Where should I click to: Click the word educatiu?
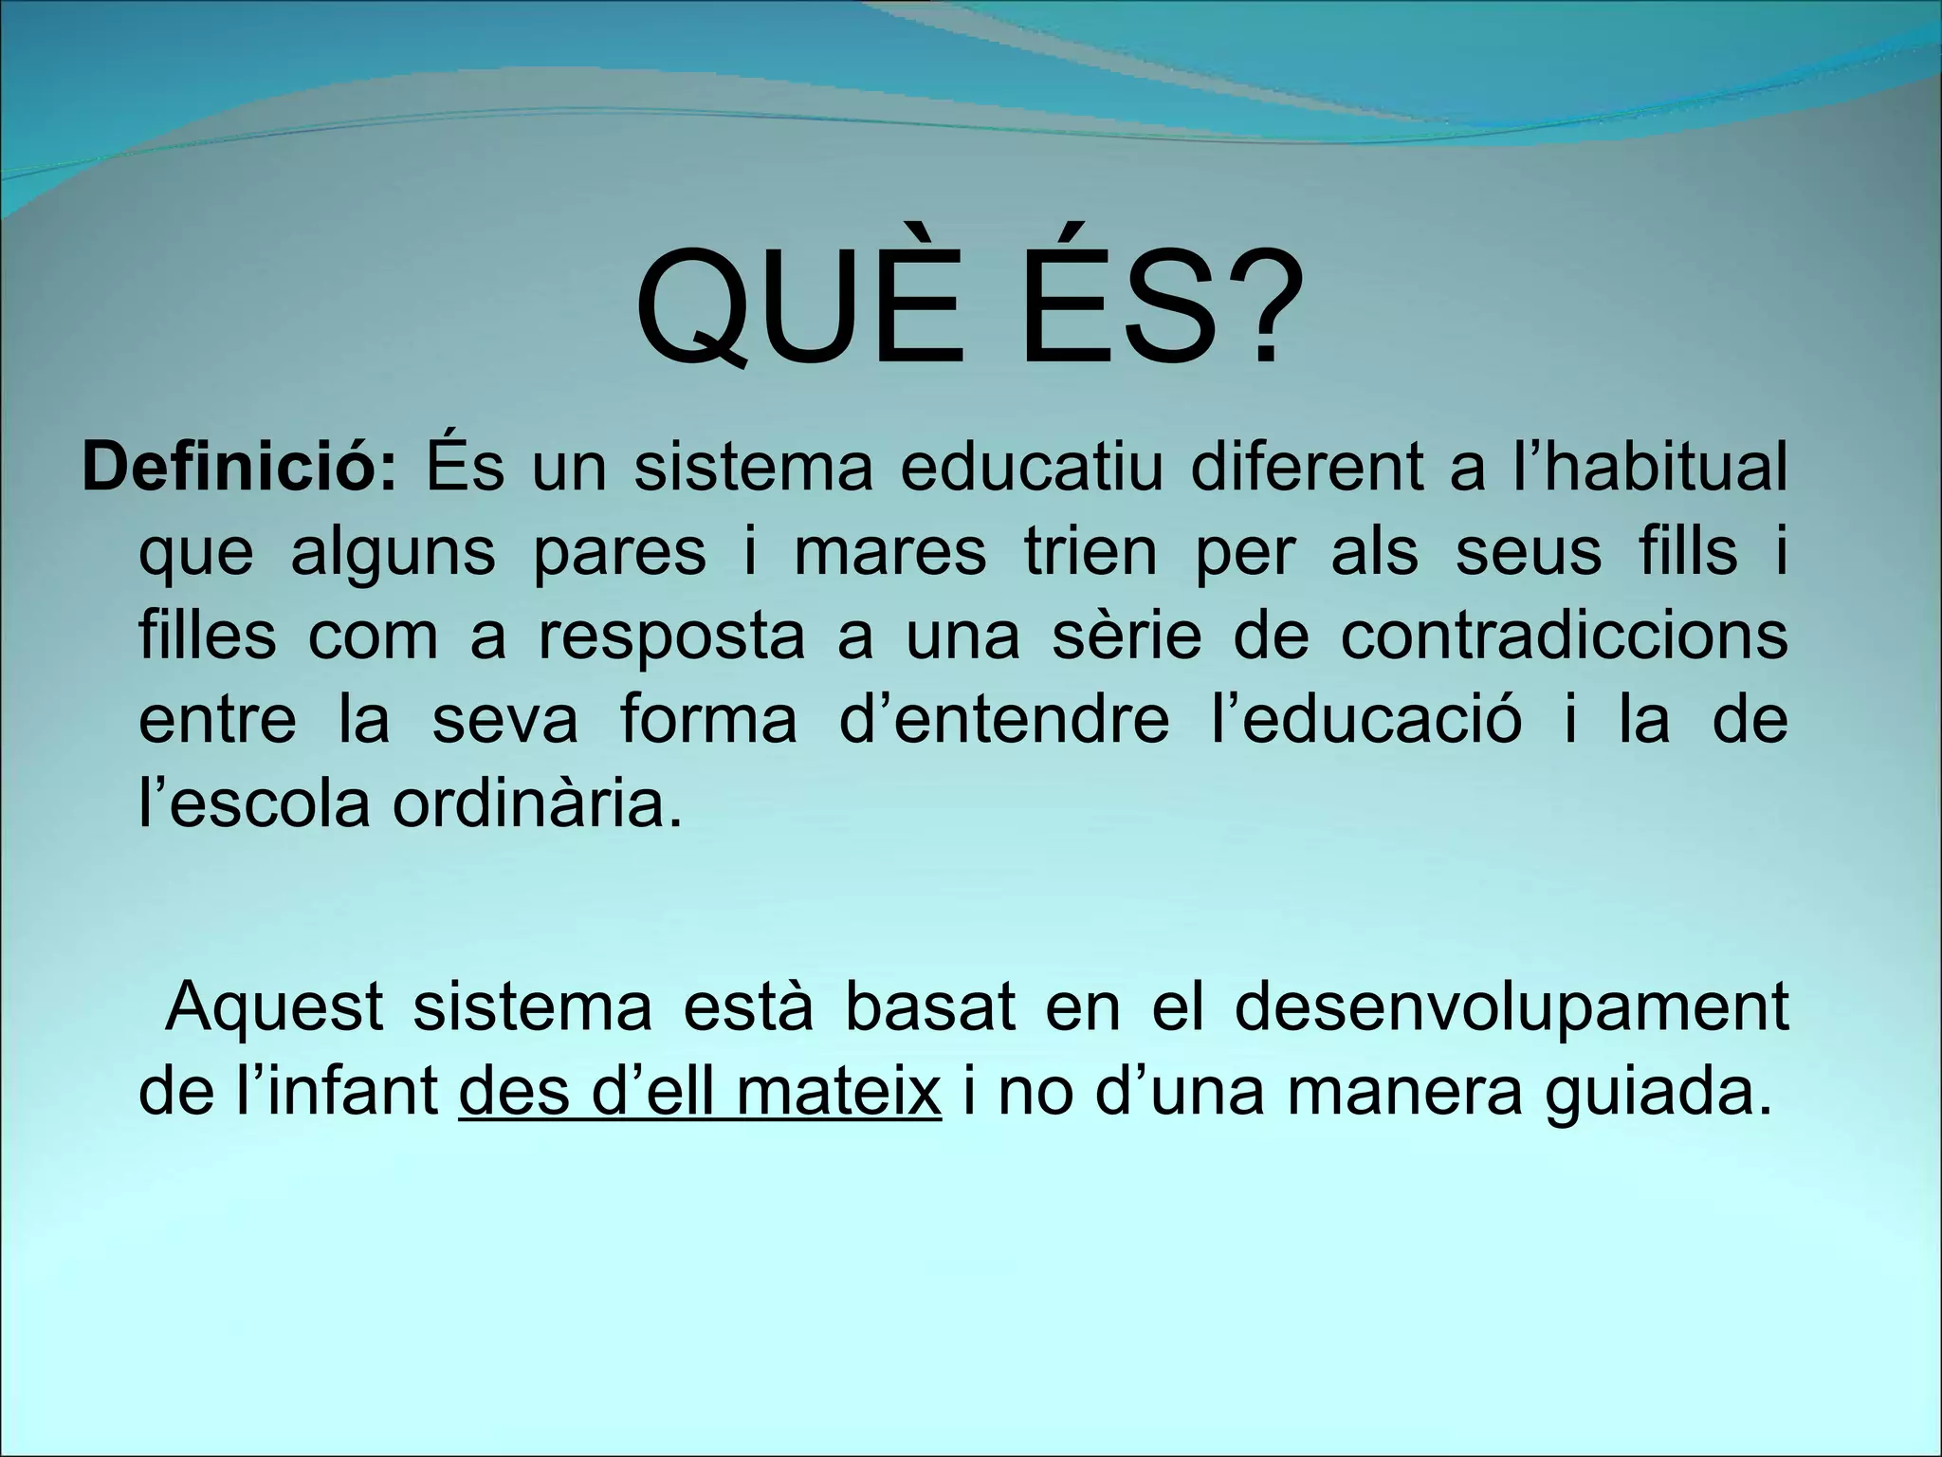(1031, 468)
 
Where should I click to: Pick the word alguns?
(393, 553)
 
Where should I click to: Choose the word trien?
(1090, 551)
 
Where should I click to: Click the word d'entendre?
(1004, 719)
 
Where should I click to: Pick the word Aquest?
(274, 1007)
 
